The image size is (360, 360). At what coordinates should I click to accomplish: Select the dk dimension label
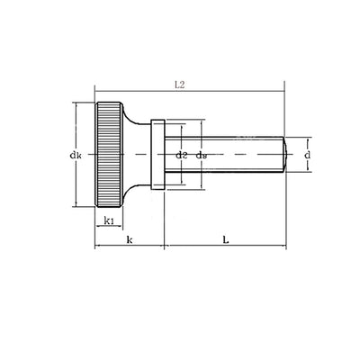coord(76,155)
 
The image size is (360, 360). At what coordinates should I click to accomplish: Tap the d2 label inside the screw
coord(182,155)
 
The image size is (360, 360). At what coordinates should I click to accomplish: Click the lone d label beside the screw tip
coord(309,155)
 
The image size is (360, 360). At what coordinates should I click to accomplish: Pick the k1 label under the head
coord(108,220)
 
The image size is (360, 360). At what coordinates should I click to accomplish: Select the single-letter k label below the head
coord(130,239)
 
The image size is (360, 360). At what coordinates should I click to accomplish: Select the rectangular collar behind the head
coord(157,155)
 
